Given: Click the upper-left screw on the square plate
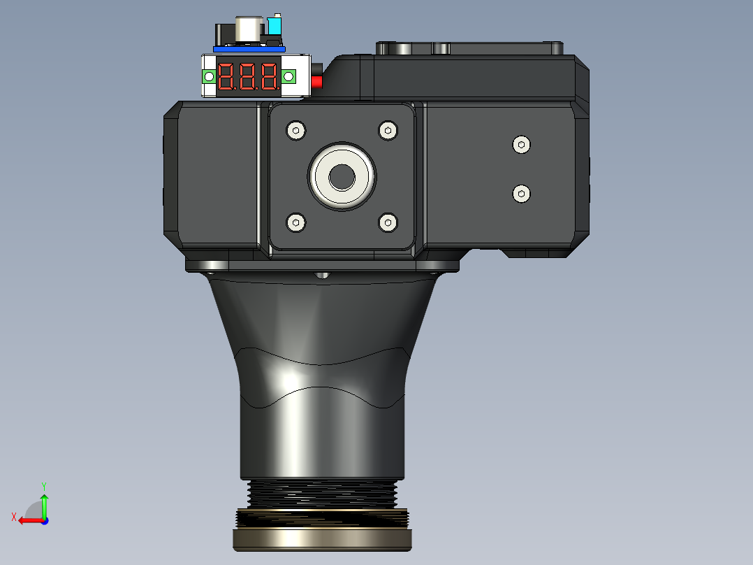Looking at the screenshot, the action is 296,130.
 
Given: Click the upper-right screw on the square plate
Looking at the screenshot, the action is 388,130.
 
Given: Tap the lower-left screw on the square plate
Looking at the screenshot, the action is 296,222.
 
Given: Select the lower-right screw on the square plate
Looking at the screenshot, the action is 388,222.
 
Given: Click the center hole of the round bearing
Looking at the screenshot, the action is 342,177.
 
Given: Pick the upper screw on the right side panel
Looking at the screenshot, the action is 522,145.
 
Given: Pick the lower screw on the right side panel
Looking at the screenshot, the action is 522,194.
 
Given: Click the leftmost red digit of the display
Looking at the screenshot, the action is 226,76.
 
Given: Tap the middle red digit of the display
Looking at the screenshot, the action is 247,76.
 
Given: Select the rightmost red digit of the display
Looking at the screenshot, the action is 270,76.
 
